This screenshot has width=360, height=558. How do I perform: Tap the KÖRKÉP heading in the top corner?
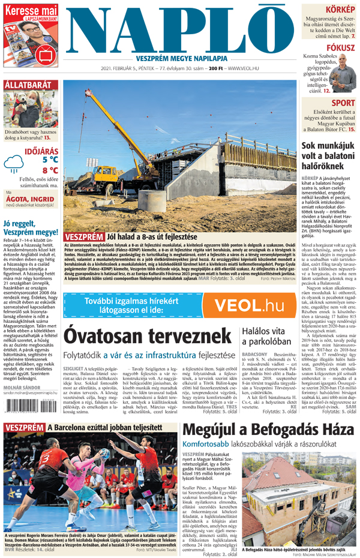(340, 10)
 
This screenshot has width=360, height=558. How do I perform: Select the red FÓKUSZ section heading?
(340, 47)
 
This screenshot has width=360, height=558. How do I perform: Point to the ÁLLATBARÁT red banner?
(28, 85)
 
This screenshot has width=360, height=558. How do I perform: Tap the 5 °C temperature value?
(50, 160)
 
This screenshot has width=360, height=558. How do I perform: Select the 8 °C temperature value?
(50, 170)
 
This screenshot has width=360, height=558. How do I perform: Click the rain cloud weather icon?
(14, 163)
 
